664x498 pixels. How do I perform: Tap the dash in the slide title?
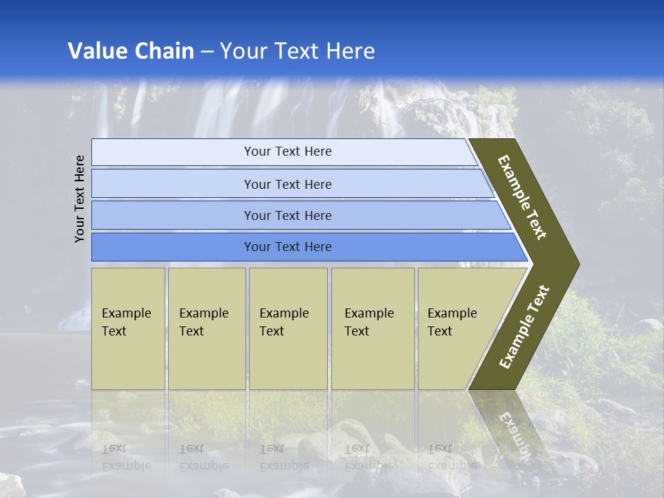[x=207, y=52]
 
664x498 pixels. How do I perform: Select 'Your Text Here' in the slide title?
[x=297, y=51]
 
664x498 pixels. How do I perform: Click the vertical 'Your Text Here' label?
[x=80, y=199]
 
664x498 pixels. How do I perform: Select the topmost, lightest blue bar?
[x=287, y=151]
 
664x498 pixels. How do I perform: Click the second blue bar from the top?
[x=287, y=184]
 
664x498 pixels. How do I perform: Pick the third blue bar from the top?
[x=287, y=215]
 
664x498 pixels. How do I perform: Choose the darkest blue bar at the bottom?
[x=287, y=247]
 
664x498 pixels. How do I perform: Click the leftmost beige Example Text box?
[x=128, y=329]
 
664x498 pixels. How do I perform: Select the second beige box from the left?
[x=206, y=329]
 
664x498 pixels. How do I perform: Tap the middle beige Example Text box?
[x=287, y=329]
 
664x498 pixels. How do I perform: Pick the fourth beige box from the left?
[x=372, y=329]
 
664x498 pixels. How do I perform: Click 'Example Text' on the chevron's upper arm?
[x=522, y=197]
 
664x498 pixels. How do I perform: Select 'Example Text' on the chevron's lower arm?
[x=524, y=327]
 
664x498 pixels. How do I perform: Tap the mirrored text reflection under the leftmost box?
[x=126, y=456]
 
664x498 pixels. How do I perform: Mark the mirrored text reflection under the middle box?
[x=284, y=456]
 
